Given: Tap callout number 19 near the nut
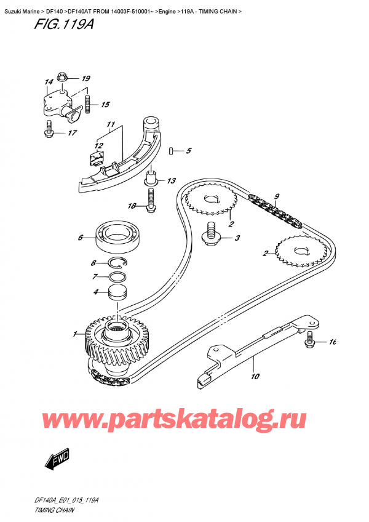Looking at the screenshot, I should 85,78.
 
